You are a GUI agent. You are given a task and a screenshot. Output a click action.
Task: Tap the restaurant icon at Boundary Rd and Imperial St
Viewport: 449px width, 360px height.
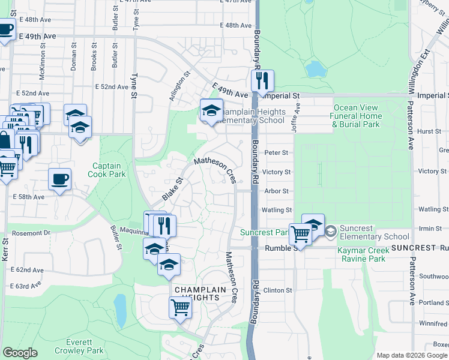click(x=262, y=82)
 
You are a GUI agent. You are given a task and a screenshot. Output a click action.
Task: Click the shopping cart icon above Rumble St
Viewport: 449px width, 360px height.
click(x=300, y=233)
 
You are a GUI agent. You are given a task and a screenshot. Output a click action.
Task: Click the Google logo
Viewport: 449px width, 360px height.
click(x=20, y=353)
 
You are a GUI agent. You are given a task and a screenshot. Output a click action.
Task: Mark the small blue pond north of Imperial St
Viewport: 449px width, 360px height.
click(x=315, y=68)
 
